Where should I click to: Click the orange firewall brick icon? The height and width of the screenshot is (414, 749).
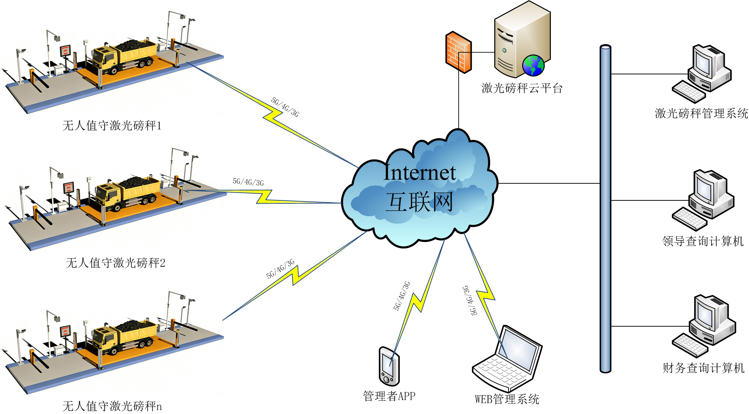458,52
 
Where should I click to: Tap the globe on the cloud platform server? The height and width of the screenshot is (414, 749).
533,65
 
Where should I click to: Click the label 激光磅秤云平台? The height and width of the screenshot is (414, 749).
522,88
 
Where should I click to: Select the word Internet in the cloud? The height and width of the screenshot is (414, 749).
420,172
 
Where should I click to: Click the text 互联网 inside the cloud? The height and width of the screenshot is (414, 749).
419,202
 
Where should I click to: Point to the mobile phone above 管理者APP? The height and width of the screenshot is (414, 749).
389,366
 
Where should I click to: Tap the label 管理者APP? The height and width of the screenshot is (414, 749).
389,396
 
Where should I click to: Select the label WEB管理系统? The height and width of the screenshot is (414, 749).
507,399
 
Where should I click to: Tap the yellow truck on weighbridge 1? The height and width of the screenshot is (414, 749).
123,55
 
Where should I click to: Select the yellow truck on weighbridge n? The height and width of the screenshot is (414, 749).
123,336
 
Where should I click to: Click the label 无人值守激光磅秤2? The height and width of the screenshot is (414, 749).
115,263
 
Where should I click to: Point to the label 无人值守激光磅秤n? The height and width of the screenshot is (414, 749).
112,406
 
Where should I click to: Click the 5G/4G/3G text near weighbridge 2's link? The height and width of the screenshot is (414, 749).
248,182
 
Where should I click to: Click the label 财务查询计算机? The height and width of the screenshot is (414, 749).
703,368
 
